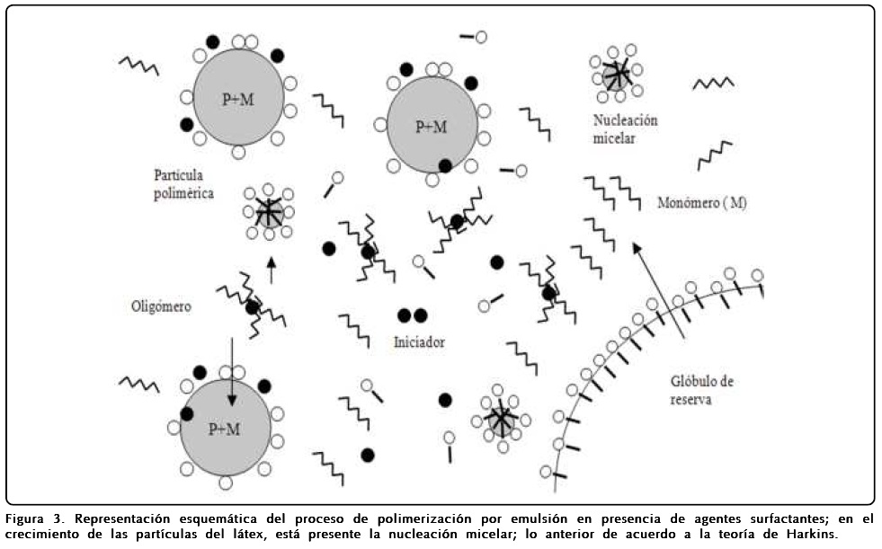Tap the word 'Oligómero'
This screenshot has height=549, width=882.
162,306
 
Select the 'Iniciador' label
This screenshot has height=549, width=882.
419,342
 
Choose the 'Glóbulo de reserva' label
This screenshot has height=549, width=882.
702,389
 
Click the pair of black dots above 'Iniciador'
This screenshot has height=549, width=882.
412,315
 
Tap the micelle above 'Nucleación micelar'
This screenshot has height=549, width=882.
617,73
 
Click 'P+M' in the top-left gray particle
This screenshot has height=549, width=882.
237,99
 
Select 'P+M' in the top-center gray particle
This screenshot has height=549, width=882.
431,127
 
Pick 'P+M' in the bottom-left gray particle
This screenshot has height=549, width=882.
224,429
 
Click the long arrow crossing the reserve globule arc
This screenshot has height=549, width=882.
660,288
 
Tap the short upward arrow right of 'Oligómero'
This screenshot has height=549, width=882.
271,269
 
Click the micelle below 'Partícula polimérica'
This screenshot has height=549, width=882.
268,213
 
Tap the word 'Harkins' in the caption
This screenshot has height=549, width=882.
809,535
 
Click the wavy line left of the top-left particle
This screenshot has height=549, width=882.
139,65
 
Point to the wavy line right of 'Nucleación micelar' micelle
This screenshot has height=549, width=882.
713,84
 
